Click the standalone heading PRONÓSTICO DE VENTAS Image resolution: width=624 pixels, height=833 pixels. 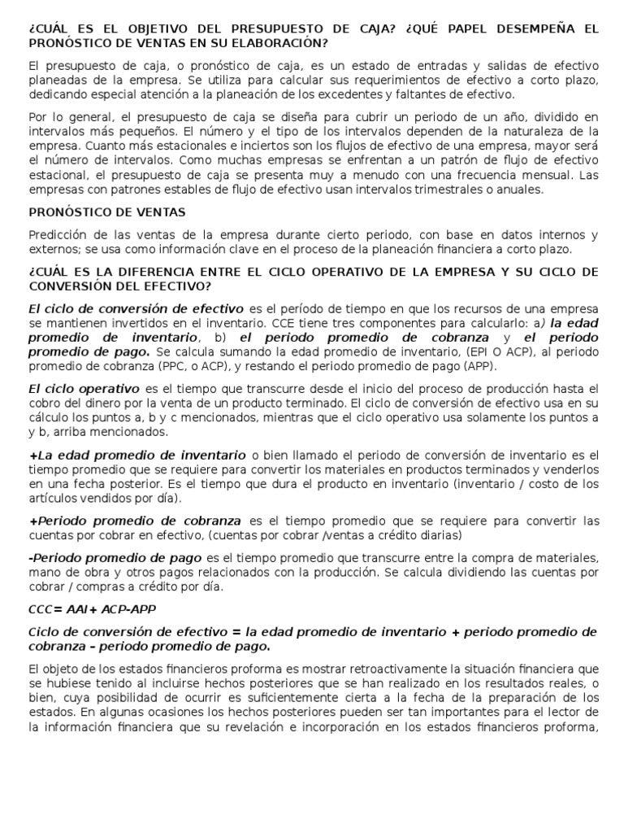pos(107,212)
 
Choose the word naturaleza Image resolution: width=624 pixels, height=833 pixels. pos(531,131)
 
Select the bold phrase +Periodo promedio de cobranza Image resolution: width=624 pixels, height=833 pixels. pos(135,521)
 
